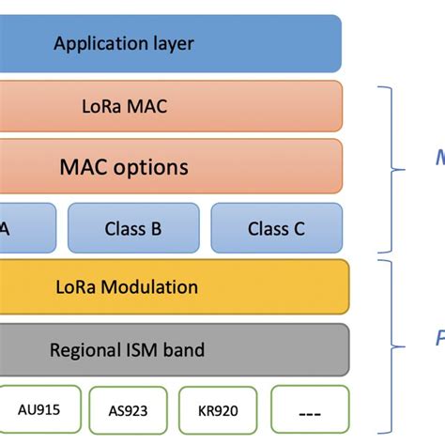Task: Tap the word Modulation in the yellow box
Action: [158, 287]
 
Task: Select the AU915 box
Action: [39, 409]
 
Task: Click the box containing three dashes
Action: [308, 409]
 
